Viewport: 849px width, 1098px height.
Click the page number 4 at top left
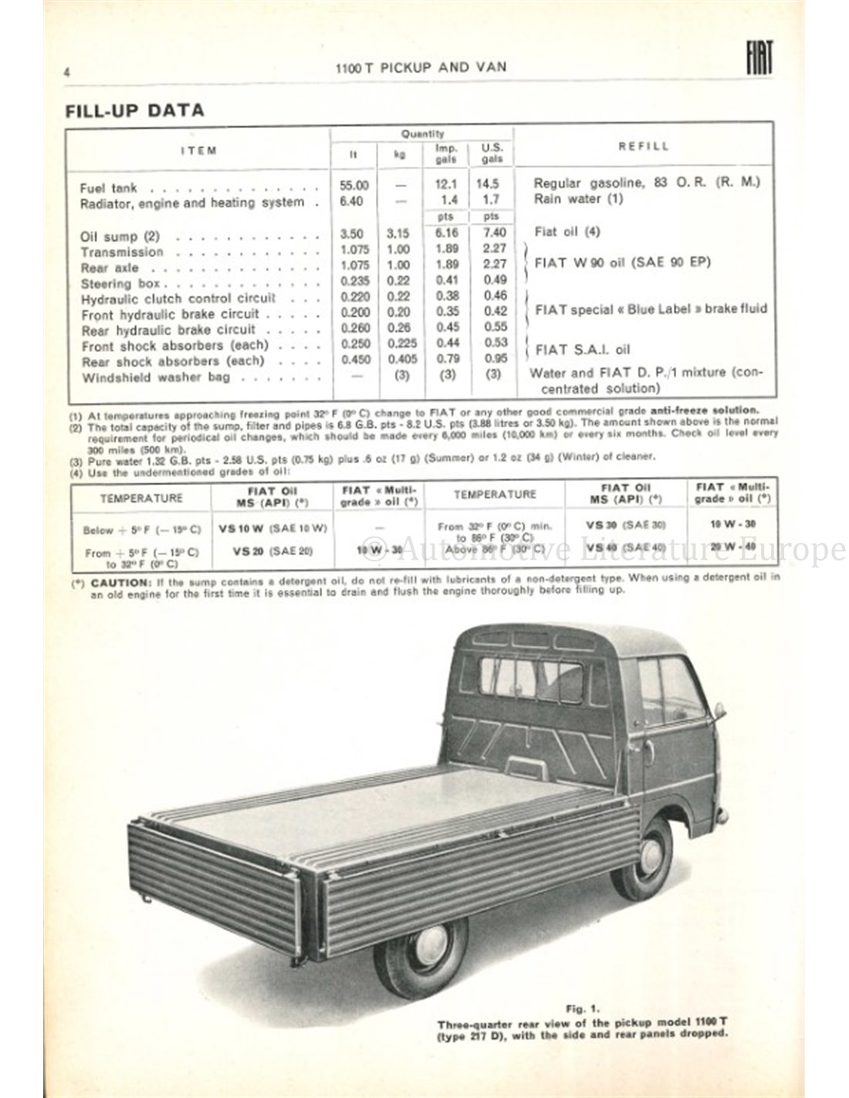click(x=68, y=72)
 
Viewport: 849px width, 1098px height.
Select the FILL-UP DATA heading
click(x=134, y=110)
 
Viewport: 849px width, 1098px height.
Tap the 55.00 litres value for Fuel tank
click(x=354, y=185)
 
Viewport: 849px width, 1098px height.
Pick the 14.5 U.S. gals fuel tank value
click(x=488, y=185)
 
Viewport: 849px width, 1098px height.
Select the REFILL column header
click(x=644, y=146)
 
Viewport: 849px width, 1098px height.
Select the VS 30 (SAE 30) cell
click(x=625, y=523)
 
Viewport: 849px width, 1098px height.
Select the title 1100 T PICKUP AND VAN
click(x=421, y=67)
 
